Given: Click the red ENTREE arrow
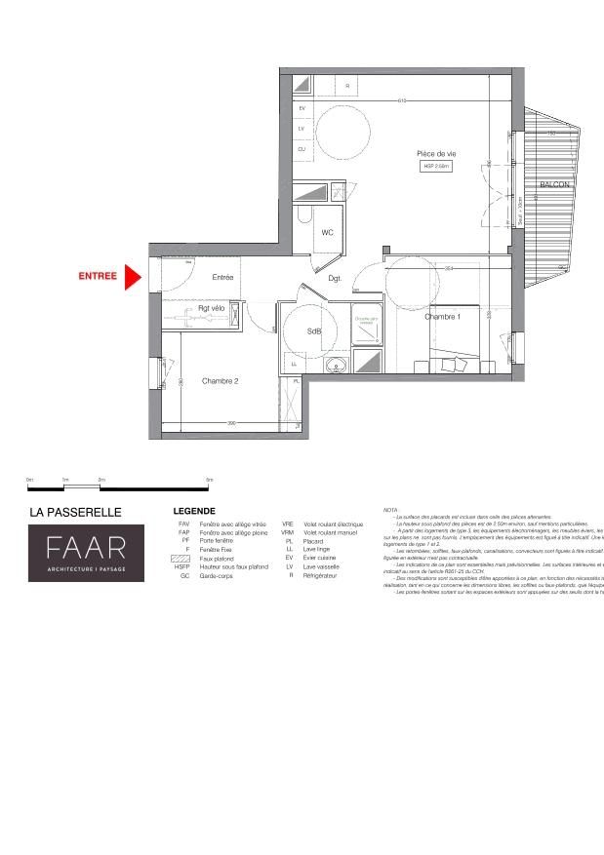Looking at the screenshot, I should pyautogui.click(x=134, y=276).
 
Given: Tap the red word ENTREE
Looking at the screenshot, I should pyautogui.click(x=98, y=276).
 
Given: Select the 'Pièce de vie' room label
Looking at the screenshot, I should pyautogui.click(x=436, y=154).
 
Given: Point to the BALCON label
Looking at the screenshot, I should pyautogui.click(x=554, y=183).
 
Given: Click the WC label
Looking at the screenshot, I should pyautogui.click(x=327, y=232).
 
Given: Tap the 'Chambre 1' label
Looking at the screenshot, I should pyautogui.click(x=442, y=317).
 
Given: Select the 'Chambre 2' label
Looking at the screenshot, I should pyautogui.click(x=220, y=381).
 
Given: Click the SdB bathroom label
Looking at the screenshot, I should pyautogui.click(x=314, y=331).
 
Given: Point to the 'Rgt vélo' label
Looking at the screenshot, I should pyautogui.click(x=212, y=308).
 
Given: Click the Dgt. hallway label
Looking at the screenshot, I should pyautogui.click(x=335, y=279).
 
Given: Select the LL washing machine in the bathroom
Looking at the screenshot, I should pyautogui.click(x=294, y=364).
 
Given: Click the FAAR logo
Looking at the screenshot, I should pyautogui.click(x=86, y=553).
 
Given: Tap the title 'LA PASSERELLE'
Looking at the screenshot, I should pyautogui.click(x=75, y=511).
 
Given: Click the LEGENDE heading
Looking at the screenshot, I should pyautogui.click(x=194, y=511).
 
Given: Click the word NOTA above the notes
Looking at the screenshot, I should pyautogui.click(x=390, y=510).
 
